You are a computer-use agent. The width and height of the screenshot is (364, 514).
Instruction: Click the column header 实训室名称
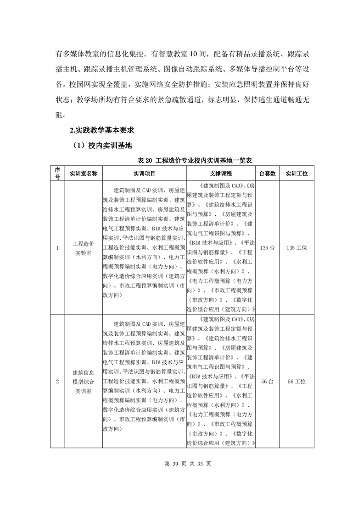pyautogui.click(x=83, y=174)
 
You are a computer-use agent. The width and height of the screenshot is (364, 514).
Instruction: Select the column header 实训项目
pyautogui.click(x=144, y=174)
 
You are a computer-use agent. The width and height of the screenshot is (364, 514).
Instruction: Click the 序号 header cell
pyautogui.click(x=57, y=174)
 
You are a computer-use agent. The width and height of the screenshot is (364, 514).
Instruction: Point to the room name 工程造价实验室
pyautogui.click(x=83, y=248)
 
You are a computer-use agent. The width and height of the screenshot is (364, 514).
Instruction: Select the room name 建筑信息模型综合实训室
pyautogui.click(x=83, y=381)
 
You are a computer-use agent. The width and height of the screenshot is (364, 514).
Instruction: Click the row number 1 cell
pyautogui.click(x=57, y=248)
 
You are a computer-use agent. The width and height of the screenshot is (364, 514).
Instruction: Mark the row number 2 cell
pyautogui.click(x=57, y=381)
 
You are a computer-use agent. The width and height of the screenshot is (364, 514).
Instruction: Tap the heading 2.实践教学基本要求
pyautogui.click(x=101, y=131)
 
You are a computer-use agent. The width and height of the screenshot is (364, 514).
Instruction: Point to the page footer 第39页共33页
pyautogui.click(x=182, y=463)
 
